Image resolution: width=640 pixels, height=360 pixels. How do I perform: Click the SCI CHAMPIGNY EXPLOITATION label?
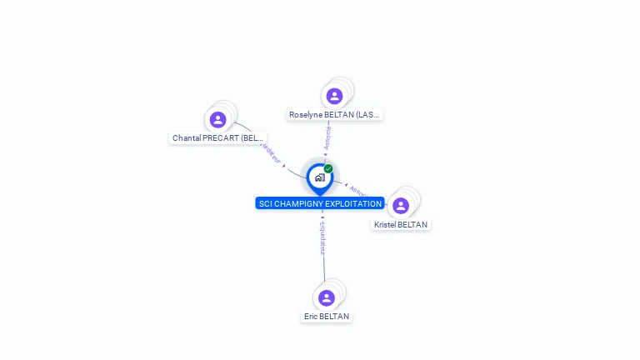[x=320, y=203]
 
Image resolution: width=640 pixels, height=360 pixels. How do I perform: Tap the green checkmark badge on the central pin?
[x=328, y=168]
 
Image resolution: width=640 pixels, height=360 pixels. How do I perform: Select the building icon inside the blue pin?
[x=319, y=177]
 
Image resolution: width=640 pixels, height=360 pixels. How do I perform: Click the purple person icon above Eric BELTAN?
[x=326, y=297]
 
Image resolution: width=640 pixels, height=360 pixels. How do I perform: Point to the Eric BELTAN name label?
[x=327, y=317]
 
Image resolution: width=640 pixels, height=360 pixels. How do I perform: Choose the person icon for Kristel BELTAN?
[x=401, y=206]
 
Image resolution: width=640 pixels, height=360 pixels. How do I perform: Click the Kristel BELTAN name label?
[x=401, y=225]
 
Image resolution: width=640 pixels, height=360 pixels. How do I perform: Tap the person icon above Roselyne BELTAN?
[x=334, y=96]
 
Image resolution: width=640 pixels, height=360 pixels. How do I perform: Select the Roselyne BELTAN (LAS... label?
[x=335, y=115]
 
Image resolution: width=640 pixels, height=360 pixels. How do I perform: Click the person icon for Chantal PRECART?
[x=217, y=119]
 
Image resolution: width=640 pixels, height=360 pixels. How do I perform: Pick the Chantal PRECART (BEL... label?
[x=217, y=138]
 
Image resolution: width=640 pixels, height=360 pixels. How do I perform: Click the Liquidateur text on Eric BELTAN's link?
[x=322, y=238]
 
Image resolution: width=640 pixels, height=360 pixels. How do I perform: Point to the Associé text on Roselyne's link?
[x=327, y=137]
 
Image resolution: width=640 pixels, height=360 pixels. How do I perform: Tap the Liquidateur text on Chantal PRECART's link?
[x=271, y=153]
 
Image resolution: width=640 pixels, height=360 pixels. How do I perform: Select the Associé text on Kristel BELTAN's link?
[x=358, y=191]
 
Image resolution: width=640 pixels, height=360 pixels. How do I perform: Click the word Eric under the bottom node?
[x=311, y=317]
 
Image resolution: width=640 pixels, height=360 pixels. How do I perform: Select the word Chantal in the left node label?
[x=187, y=138]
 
